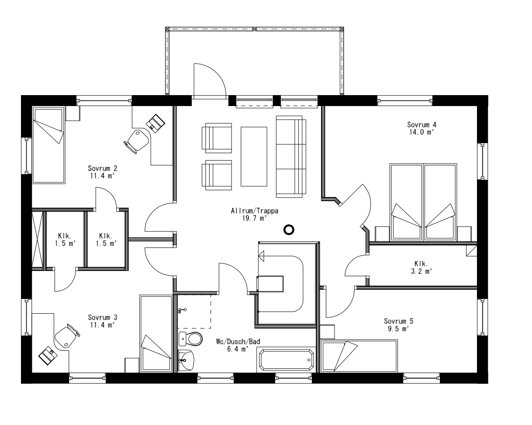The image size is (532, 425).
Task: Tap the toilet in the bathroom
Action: pyautogui.click(x=191, y=338)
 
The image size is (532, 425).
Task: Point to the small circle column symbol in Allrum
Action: pyautogui.click(x=288, y=230)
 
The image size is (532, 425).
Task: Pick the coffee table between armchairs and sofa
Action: pyautogui.click(x=254, y=156)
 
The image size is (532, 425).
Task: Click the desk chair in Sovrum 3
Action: pyautogui.click(x=66, y=336)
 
